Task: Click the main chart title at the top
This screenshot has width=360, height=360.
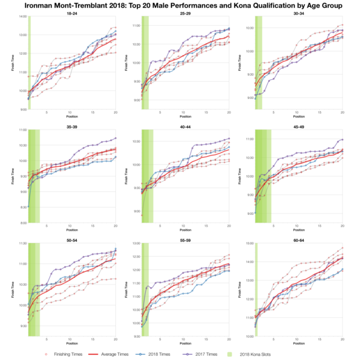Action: click(179, 5)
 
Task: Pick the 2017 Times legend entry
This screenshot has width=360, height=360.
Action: click(205, 354)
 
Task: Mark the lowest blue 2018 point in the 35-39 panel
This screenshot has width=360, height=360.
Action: click(29, 207)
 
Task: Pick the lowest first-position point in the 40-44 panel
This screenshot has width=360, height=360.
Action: click(142, 214)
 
